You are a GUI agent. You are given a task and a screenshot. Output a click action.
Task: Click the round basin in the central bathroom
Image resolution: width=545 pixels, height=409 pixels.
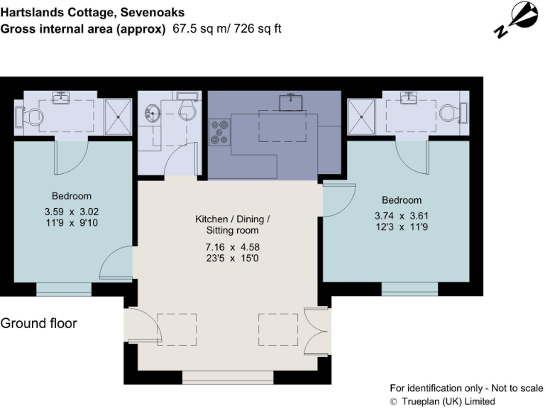point(152,112)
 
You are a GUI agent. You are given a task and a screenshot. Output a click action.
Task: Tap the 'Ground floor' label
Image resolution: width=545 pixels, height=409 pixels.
point(38,324)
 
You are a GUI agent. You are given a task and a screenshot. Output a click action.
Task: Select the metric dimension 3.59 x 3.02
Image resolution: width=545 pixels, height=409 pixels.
point(71,212)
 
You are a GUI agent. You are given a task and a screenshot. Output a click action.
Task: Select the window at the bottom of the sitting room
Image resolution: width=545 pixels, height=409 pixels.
point(228,377)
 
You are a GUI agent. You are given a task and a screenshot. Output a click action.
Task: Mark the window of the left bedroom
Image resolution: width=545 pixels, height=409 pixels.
point(64,289)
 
